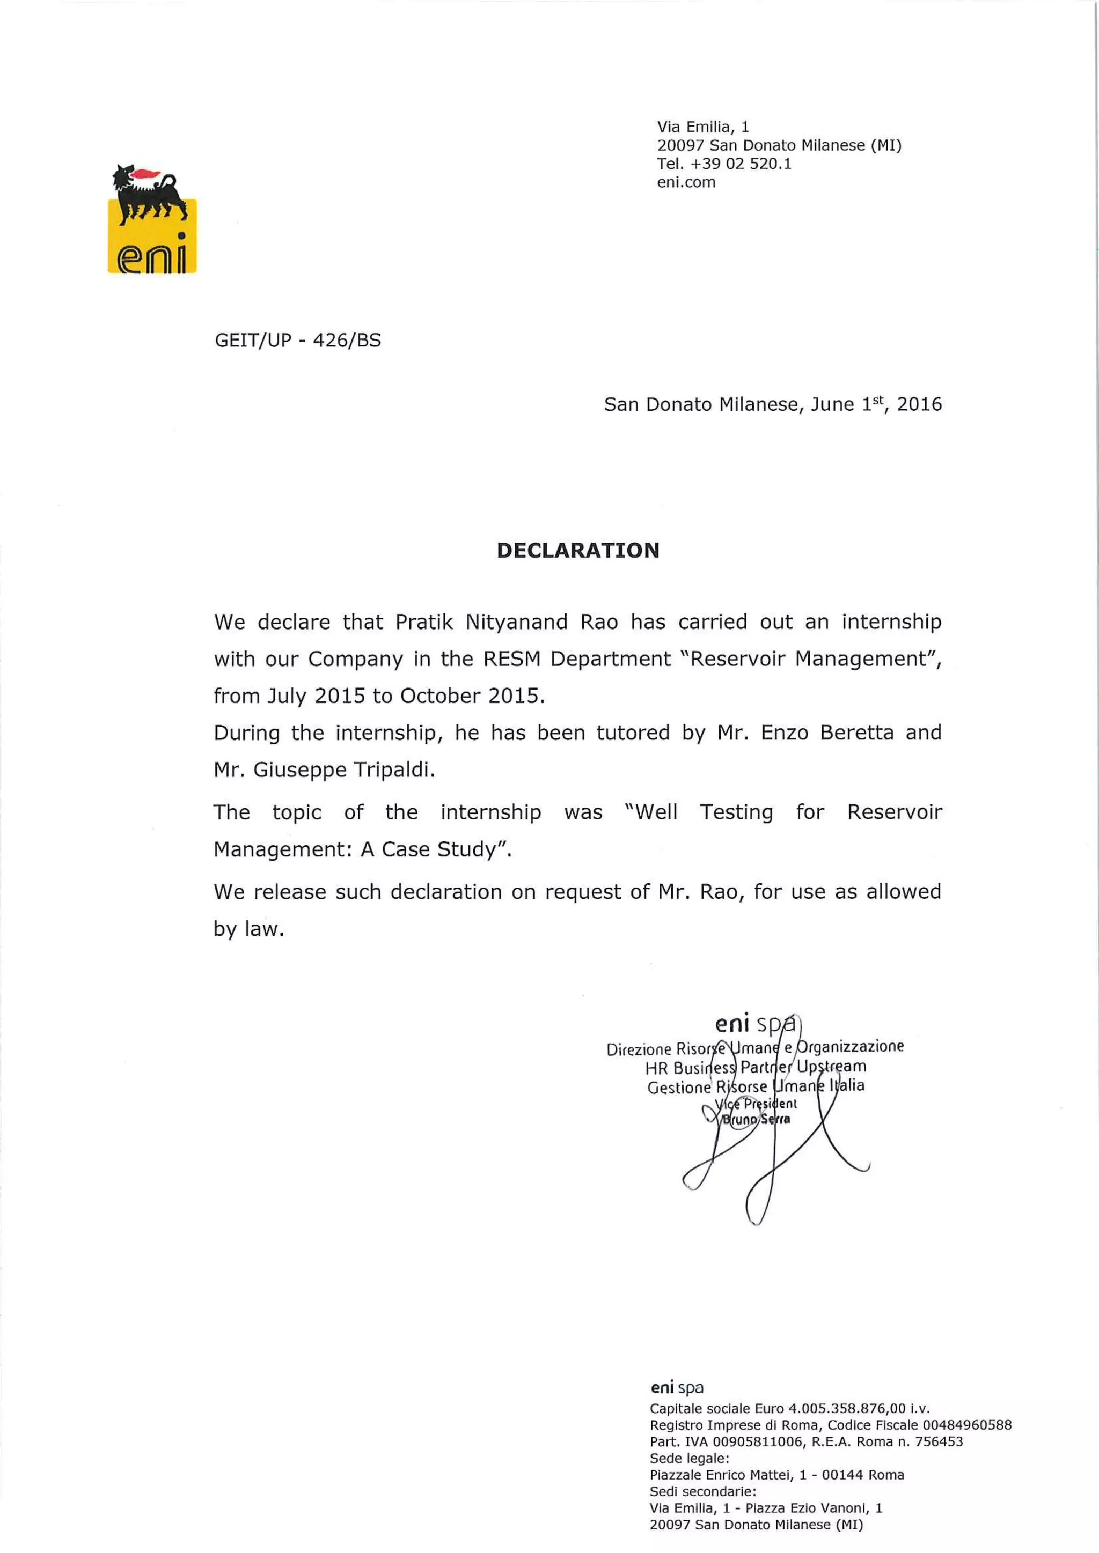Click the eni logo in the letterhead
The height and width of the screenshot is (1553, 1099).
[x=152, y=218]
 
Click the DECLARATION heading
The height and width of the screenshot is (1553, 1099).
[x=578, y=550]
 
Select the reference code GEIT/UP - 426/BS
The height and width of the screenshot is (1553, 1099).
[x=298, y=340]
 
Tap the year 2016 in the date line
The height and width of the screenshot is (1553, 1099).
[x=919, y=404]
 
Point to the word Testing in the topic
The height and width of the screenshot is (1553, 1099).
[x=736, y=812]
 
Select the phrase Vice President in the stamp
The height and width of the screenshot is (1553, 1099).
[x=755, y=1104]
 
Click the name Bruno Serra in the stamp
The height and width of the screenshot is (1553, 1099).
[x=755, y=1119]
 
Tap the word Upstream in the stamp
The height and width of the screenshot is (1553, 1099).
[x=831, y=1067]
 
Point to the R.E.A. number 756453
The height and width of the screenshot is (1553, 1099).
[x=939, y=1441]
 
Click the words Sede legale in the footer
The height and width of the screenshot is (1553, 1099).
[x=689, y=1458]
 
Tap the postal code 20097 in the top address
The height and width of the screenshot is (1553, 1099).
[x=680, y=145]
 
